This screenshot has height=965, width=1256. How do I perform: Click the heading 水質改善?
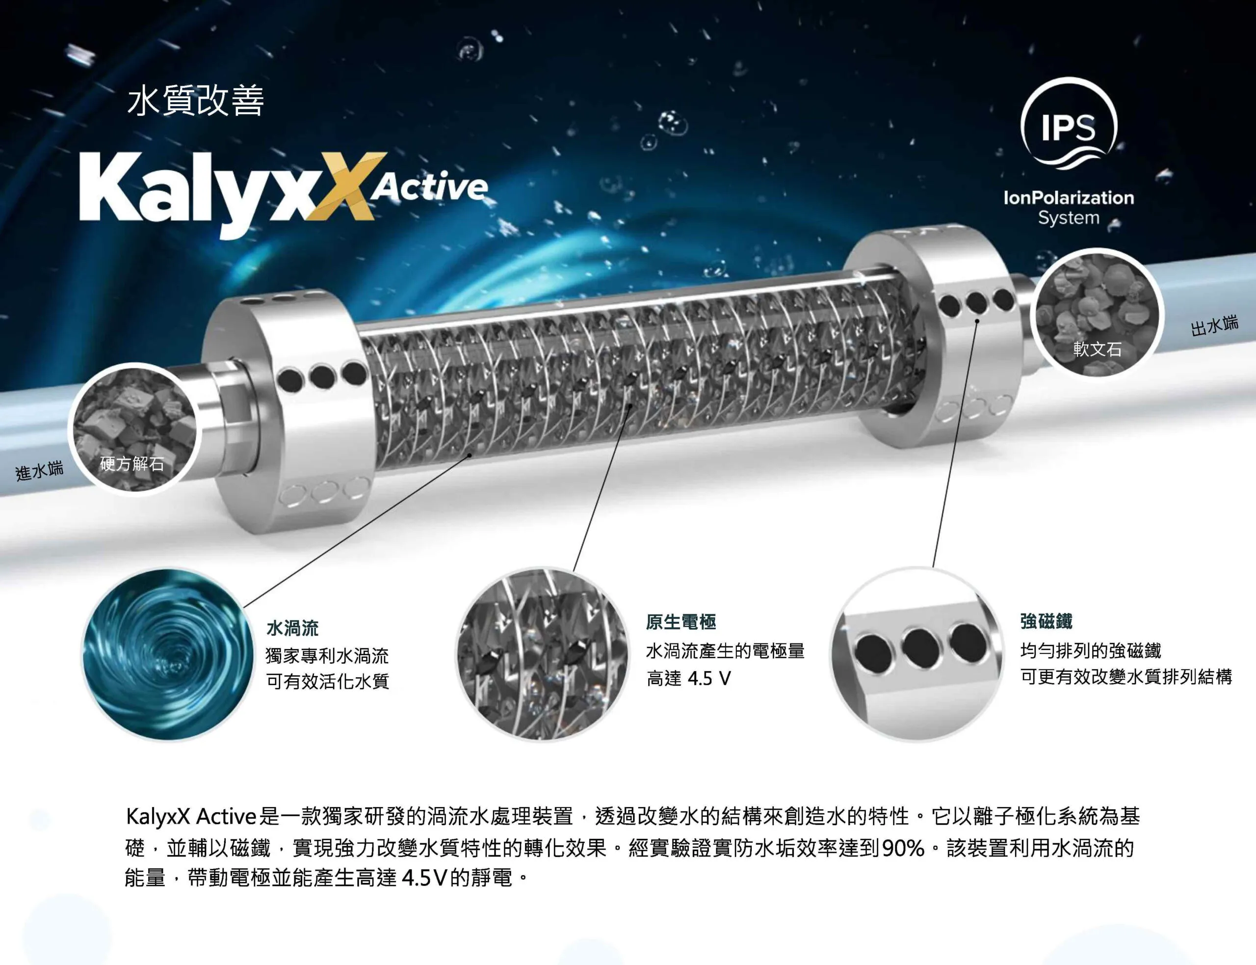[195, 101]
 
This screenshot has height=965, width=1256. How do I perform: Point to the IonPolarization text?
[1069, 198]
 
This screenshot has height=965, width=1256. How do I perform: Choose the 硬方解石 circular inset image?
[132, 429]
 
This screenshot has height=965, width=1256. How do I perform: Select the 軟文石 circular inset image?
[1097, 313]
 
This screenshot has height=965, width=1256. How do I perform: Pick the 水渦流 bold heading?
[292, 628]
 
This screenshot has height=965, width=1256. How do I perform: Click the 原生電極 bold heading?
[681, 621]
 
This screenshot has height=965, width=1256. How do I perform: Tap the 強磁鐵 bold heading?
[1047, 621]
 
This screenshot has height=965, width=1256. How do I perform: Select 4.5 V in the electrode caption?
[709, 679]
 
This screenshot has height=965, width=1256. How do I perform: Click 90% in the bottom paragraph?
[903, 848]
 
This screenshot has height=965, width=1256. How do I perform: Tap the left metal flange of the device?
[281, 411]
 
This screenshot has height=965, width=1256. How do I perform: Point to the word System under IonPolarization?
[1069, 218]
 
